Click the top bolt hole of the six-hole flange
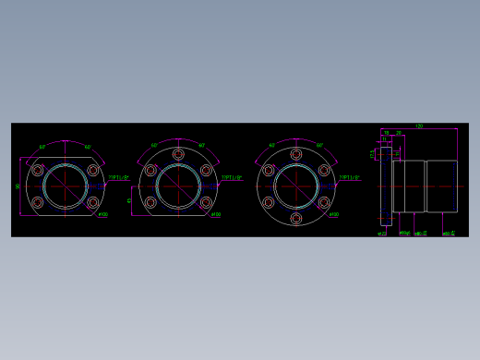295,154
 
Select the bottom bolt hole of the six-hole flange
295,218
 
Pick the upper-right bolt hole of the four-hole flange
92,170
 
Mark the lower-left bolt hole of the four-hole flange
38,201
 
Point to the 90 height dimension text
18,186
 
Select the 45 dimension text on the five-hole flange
129,199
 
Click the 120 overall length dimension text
419,126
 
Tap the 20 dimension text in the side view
398,133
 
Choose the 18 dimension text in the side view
387,133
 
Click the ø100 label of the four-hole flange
102,215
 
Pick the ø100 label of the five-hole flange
216,215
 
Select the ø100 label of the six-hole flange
334,215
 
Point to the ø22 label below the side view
381,234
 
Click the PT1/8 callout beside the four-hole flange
117,177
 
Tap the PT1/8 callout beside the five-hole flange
232,177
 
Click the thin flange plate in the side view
385,186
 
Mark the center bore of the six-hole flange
295,186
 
